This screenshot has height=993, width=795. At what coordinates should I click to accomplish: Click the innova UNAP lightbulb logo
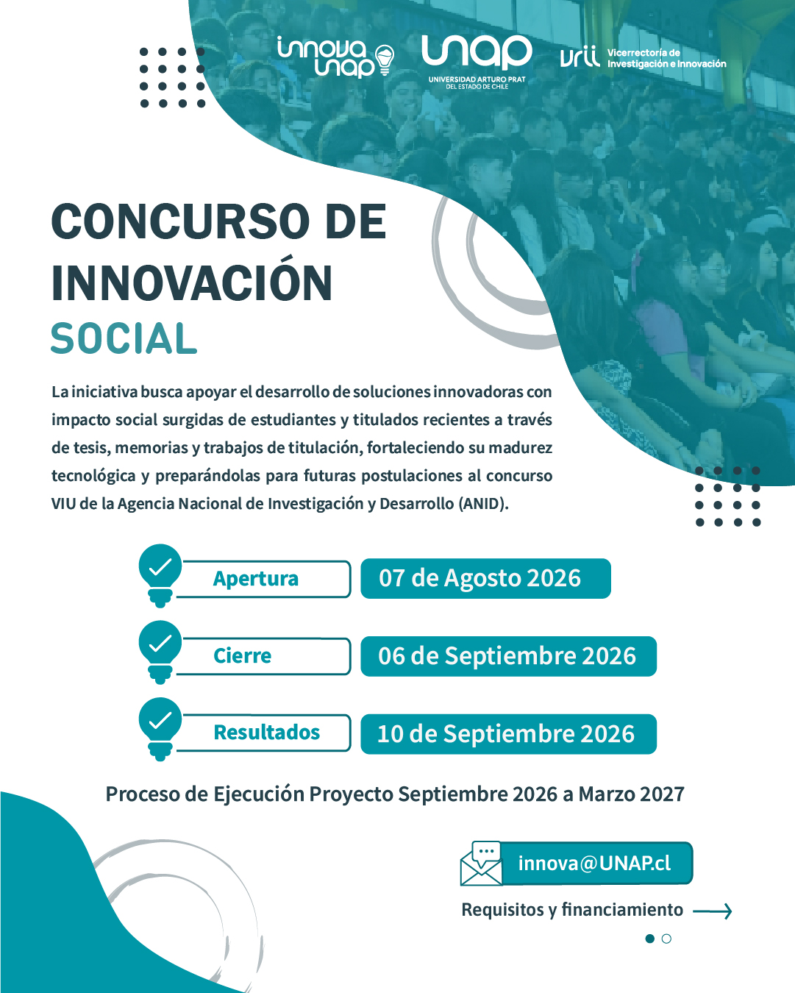(x=335, y=57)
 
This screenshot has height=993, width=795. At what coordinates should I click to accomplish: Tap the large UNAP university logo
(x=477, y=62)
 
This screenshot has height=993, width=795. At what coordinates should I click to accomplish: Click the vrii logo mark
(x=580, y=57)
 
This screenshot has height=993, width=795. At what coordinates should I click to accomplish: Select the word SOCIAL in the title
(x=124, y=338)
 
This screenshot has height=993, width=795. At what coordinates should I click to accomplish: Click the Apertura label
(x=256, y=579)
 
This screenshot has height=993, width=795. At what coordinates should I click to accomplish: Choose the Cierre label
(x=242, y=655)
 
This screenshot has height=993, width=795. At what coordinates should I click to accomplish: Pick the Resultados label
(x=266, y=733)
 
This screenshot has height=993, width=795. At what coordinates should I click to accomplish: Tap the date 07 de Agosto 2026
(x=480, y=578)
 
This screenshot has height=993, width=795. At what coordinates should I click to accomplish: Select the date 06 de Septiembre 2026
(x=507, y=655)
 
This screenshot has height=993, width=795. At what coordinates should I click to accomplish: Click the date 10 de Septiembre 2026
(x=506, y=733)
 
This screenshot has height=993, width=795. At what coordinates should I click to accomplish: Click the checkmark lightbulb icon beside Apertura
(x=160, y=575)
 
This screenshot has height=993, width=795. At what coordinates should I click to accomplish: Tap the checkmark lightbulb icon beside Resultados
(x=160, y=729)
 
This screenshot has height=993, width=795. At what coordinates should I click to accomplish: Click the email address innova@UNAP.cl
(x=594, y=863)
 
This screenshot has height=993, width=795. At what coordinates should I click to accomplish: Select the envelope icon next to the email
(x=481, y=863)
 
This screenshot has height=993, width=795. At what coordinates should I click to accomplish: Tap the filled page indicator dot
(x=649, y=939)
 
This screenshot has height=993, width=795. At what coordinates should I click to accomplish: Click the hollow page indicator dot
(x=666, y=939)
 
